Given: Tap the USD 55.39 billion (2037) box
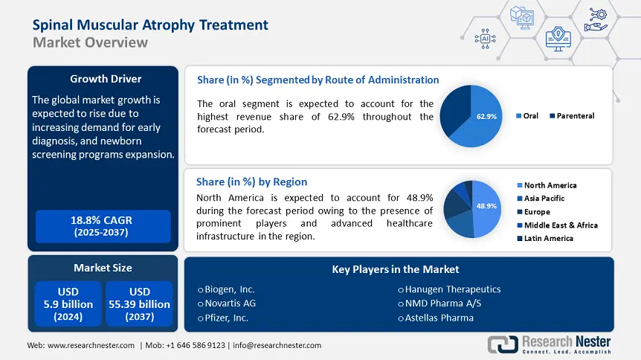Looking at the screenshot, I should pos(139,303).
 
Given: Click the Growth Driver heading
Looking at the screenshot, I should pos(105,78).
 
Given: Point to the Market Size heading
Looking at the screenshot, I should pos(103,267).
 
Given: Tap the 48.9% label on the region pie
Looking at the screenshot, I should pos(486,206).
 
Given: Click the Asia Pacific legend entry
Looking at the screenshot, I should pos(544,199).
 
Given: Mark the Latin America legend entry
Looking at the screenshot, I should pos(548,239).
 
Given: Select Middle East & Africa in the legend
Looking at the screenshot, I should pos(560,225).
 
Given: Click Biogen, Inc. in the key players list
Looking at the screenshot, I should pos(230,289).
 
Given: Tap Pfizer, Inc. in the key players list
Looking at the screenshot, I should pos(227,318).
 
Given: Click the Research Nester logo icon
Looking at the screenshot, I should pos(503,344).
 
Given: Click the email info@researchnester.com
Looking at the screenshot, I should pos(277,345).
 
